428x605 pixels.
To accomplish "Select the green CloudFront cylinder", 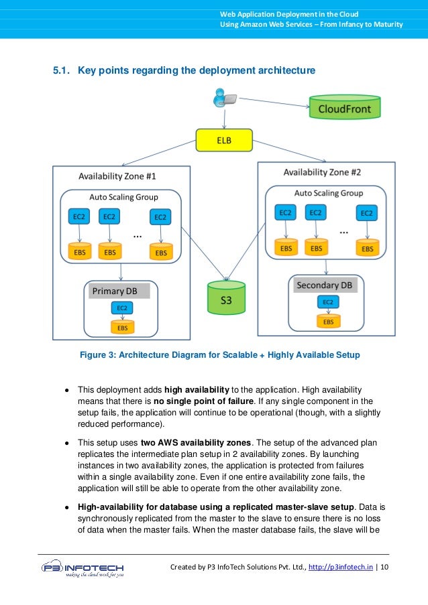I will tap(344, 108).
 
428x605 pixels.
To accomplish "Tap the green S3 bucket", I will tap(226, 299).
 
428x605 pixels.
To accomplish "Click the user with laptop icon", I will tap(223, 99).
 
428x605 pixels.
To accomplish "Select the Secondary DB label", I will tap(324, 285).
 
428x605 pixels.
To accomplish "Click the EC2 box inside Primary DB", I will tap(122, 308).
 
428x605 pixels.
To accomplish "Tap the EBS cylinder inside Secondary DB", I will tap(328, 321).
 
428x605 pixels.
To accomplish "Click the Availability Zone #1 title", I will tap(117, 177).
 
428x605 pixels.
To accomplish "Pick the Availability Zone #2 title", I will tap(322, 172).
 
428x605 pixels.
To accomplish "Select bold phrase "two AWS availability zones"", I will tap(196, 443).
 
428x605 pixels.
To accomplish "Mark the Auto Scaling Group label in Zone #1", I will tap(123, 197).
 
